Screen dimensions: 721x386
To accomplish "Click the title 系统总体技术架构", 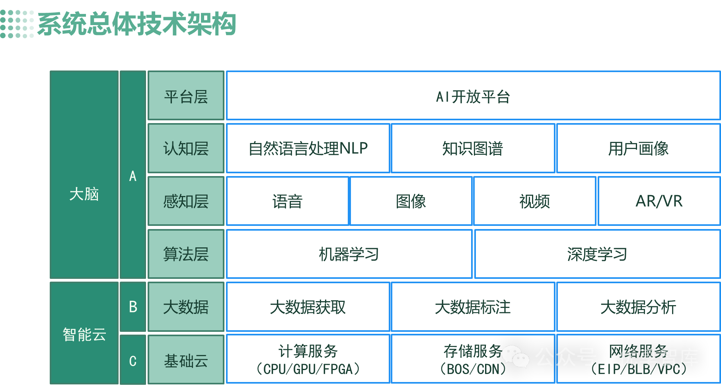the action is click(136, 24).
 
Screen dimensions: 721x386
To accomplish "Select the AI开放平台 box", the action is click(473, 96).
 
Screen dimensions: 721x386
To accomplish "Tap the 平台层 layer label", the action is click(186, 96).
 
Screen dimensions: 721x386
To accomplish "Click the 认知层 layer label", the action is click(186, 148).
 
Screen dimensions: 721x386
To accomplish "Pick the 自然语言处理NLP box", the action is click(308, 148).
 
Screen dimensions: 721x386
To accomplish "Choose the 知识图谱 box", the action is click(473, 148).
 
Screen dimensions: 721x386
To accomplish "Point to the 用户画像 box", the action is click(638, 148).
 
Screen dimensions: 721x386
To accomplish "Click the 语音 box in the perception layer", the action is click(287, 201).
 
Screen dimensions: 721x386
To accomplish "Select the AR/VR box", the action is click(659, 201).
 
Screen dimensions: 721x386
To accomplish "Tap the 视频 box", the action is click(534, 201).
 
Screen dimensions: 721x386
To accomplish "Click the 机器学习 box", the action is click(349, 254).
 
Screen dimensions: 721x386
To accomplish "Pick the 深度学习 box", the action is click(597, 254).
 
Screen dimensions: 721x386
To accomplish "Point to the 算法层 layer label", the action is click(186, 254).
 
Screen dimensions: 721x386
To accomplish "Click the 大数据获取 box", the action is click(308, 307).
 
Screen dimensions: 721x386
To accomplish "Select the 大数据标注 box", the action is click(473, 307).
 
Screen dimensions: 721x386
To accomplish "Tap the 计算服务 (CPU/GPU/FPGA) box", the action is click(308, 359).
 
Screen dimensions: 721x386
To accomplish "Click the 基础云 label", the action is click(186, 361).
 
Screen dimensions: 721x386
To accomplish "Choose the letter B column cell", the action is click(133, 307).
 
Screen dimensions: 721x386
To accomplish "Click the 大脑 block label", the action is click(84, 194).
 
